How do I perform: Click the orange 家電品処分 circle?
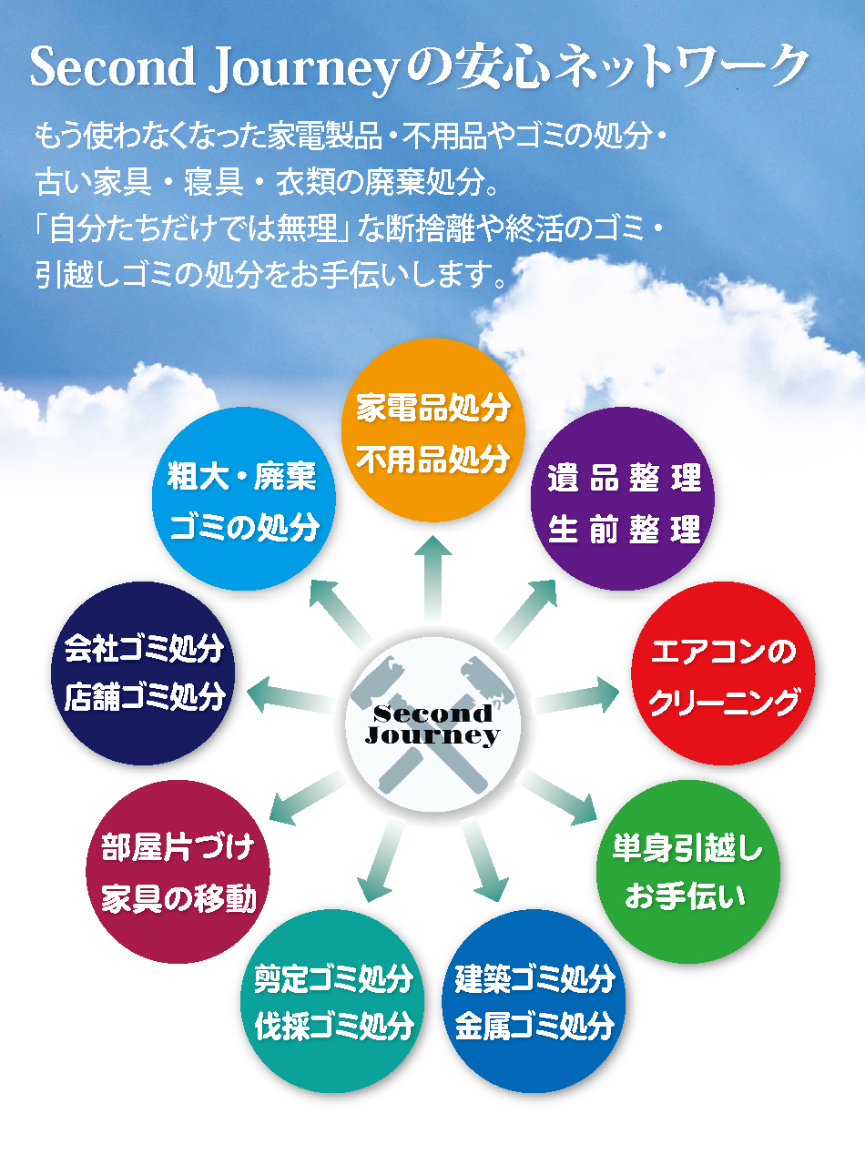pos(432,430)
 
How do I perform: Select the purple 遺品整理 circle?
pos(623,498)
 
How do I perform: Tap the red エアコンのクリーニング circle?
pos(723,673)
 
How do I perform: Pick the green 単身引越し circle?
pos(688,871)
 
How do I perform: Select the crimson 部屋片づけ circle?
pos(178,871)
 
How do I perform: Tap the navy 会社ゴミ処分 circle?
pos(143,673)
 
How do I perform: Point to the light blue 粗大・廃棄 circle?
pos(244,498)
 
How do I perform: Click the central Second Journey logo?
pos(432,724)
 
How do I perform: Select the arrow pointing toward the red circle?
pos(576,696)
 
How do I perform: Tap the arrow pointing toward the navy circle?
pos(290,696)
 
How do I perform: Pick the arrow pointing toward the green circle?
pos(558,797)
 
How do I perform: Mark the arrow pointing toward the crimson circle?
pos(309,797)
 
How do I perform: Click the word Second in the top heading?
pos(112,66)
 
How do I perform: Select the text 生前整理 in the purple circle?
pos(624,529)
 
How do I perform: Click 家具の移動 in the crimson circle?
pos(178,899)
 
